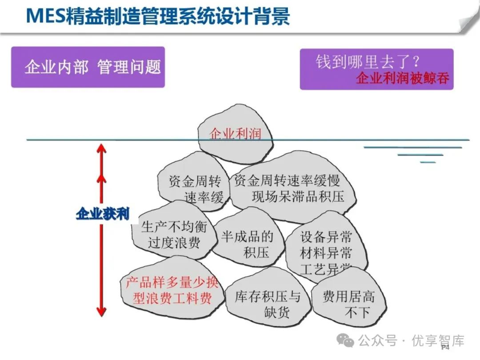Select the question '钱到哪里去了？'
(x=368, y=61)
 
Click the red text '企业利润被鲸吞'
(x=403, y=79)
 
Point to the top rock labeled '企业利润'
(x=235, y=133)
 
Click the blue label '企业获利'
(x=102, y=214)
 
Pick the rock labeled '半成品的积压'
(x=248, y=244)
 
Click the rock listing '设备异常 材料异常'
(x=326, y=246)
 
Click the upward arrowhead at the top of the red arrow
(x=102, y=148)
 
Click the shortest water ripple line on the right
(x=428, y=162)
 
